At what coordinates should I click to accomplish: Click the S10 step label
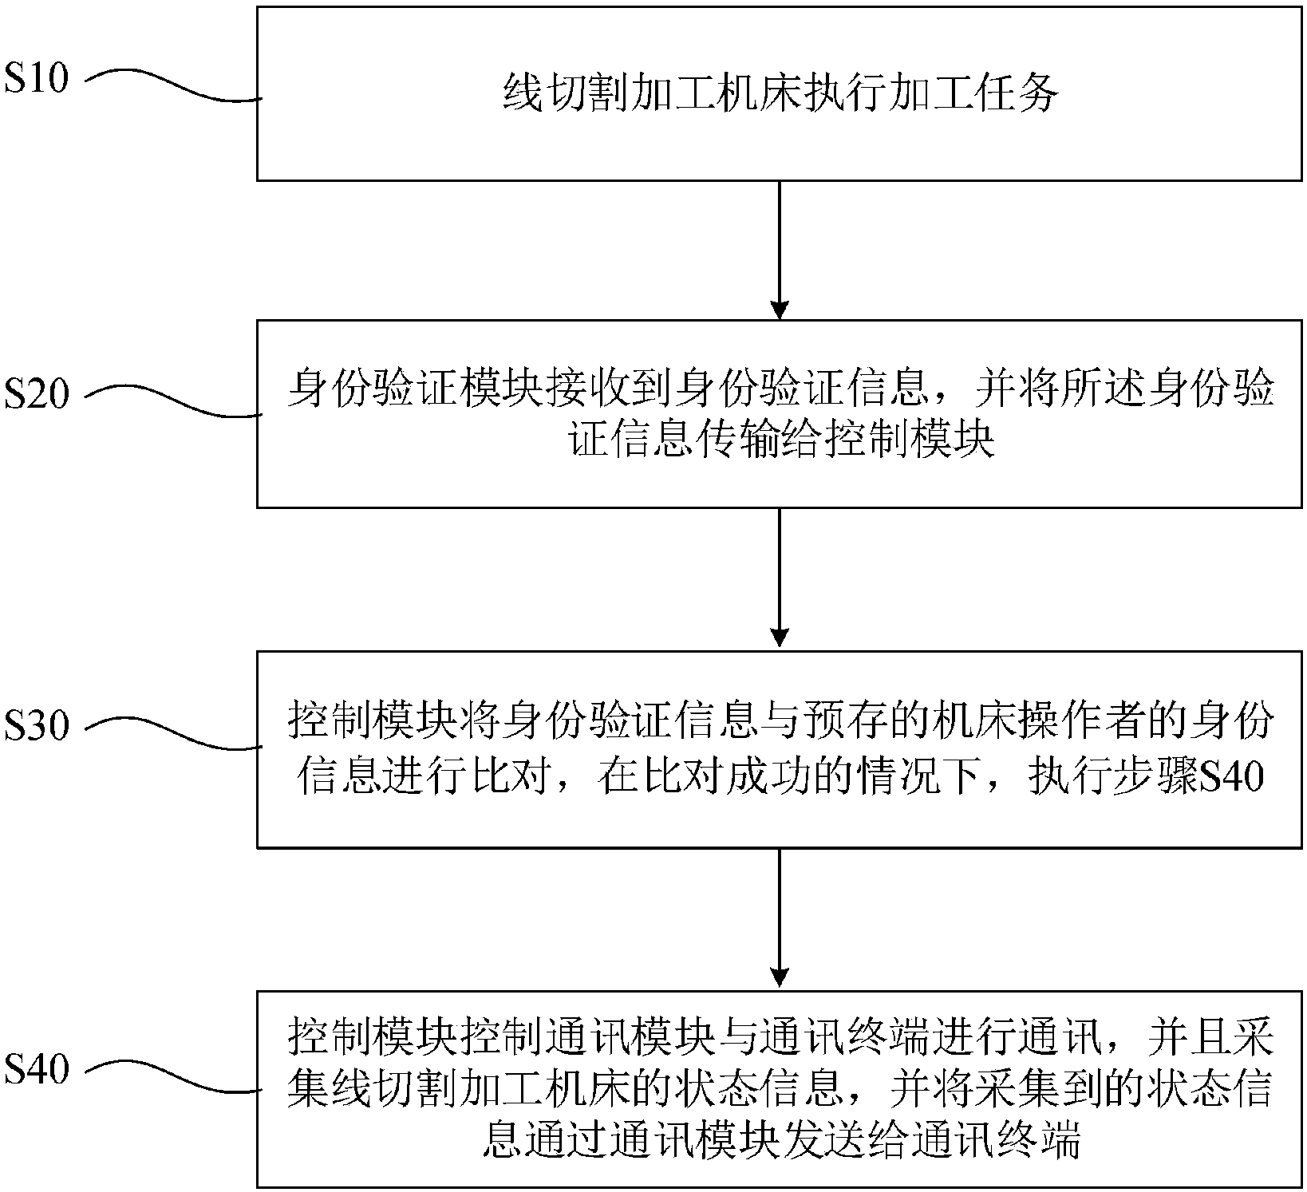37,79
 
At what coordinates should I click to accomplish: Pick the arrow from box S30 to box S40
779,918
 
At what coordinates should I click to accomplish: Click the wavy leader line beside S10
173,88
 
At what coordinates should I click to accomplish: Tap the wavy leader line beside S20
173,404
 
